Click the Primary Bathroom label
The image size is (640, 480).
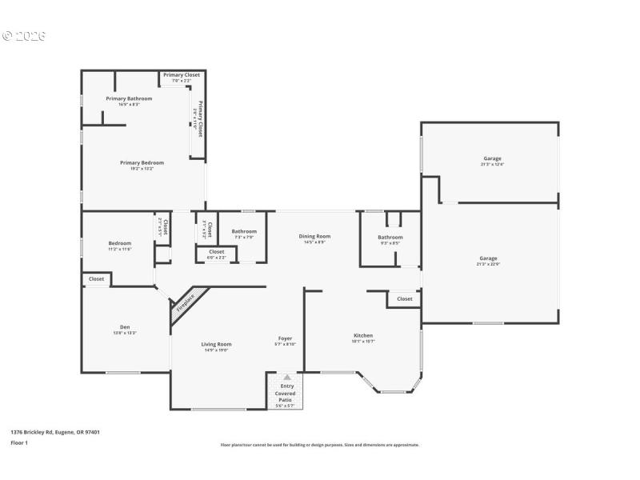[x=129, y=98]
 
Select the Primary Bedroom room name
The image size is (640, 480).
[x=142, y=162]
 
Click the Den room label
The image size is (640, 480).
[x=125, y=326]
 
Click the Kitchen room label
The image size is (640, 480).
[x=363, y=335]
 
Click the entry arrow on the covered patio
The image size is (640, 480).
[x=287, y=376]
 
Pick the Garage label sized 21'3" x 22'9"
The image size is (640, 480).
[x=488, y=258]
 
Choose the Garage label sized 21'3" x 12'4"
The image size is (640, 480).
[x=492, y=158]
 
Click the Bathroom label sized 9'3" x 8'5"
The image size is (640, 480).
[x=390, y=237]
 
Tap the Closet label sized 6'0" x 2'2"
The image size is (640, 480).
[x=216, y=252]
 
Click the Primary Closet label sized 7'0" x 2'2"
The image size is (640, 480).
[x=182, y=74]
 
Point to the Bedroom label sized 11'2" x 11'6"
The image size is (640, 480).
[x=120, y=243]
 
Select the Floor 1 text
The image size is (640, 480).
[x=19, y=442]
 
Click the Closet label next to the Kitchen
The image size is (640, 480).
[x=405, y=298]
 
